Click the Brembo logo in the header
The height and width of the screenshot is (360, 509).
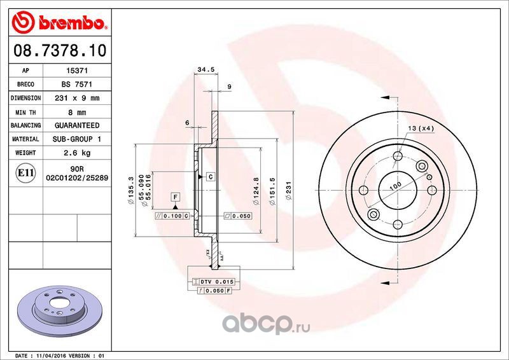(x=60, y=22)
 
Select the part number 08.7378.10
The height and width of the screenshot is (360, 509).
(x=60, y=51)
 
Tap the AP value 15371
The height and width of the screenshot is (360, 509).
(x=77, y=71)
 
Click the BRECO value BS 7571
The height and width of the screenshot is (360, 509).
(x=77, y=85)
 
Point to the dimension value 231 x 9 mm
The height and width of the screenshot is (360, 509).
(x=77, y=98)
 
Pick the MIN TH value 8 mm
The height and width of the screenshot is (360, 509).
(x=77, y=113)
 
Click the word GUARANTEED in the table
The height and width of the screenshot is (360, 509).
(x=77, y=125)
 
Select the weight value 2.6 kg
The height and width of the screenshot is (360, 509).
(x=77, y=153)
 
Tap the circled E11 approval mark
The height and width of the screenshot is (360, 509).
(x=25, y=173)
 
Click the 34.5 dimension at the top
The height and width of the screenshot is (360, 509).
(x=206, y=69)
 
